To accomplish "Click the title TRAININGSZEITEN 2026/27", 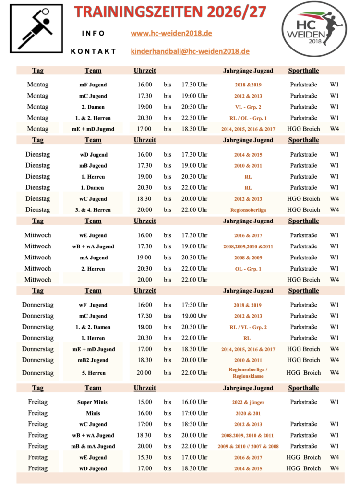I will coord(171,12).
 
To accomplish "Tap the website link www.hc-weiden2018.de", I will coord(171,34).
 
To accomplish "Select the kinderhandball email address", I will coord(190,51).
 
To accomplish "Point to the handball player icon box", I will coord(36,28).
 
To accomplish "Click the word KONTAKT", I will coord(93,51).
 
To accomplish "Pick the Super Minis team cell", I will coord(93,402).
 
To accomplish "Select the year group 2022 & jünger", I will coord(248,402).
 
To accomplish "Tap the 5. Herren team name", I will coord(93,373).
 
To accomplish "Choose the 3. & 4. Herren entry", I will coord(93,210).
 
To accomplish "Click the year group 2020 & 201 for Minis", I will coord(248,413).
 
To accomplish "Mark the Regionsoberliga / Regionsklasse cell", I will coord(248,373).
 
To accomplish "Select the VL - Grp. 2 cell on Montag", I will coord(248,107).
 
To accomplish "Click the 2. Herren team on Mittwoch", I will coord(93,269).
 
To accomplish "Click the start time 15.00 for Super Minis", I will coord(144,402).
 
